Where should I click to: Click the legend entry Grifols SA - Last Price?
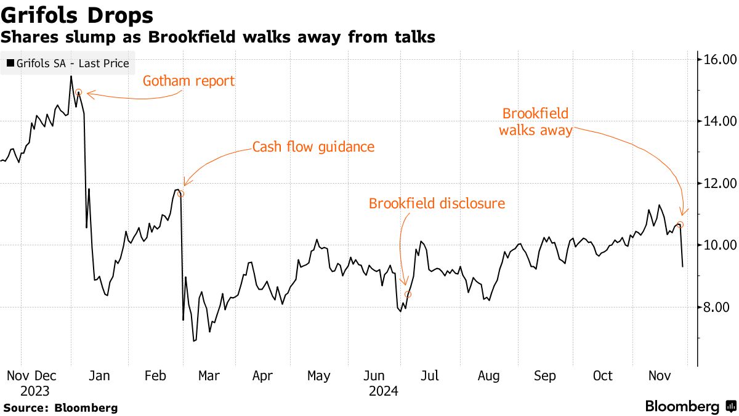pyautogui.click(x=68, y=63)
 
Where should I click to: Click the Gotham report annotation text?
pyautogui.click(x=189, y=81)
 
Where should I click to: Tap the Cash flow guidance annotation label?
pyautogui.click(x=313, y=147)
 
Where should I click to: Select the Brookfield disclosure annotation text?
pyautogui.click(x=437, y=203)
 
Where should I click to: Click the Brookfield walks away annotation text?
pyautogui.click(x=535, y=122)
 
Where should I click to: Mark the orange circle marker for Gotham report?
pyautogui.click(x=78, y=92)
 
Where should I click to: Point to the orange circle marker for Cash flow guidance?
pyautogui.click(x=180, y=194)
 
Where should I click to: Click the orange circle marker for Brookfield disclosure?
pyautogui.click(x=408, y=295)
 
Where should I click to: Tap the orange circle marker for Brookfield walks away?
pyautogui.click(x=680, y=224)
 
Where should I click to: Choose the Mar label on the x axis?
pyautogui.click(x=209, y=376)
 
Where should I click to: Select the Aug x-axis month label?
pyautogui.click(x=488, y=376)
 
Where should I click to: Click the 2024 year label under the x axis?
pyautogui.click(x=383, y=391)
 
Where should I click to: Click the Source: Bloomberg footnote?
pyautogui.click(x=60, y=407)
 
